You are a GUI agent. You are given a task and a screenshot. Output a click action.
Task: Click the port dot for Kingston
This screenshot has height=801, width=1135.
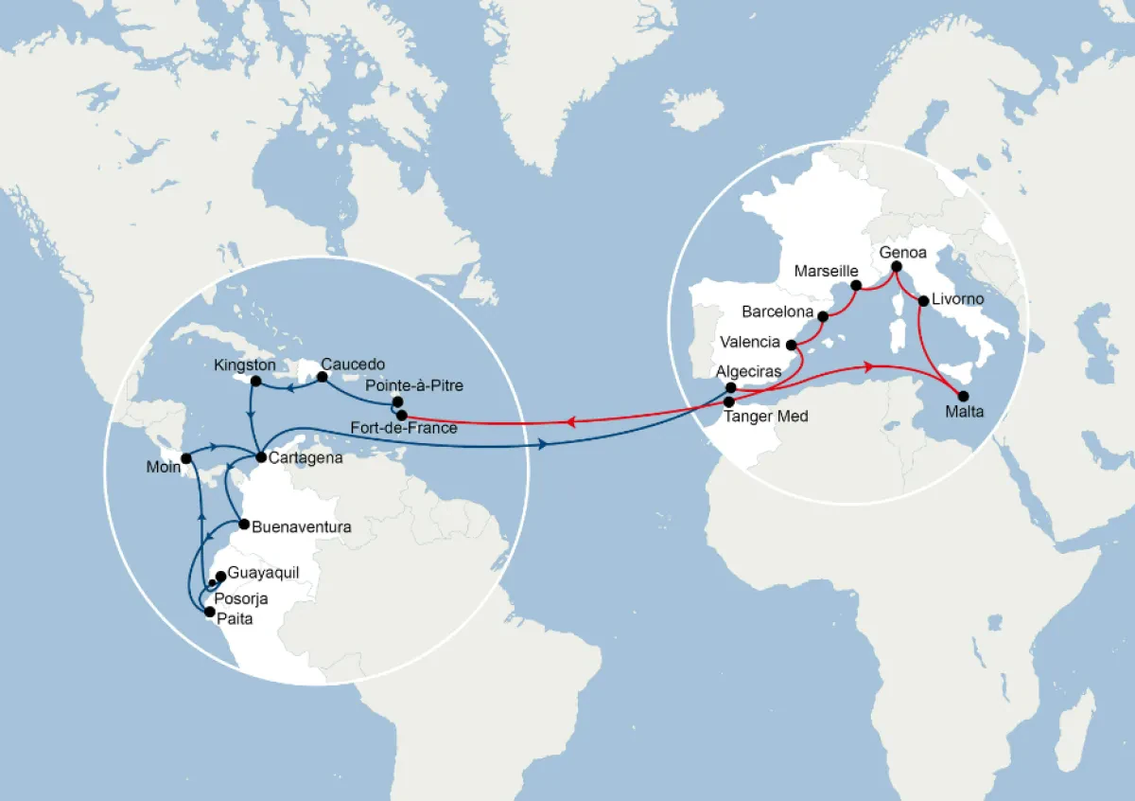coord(254,381)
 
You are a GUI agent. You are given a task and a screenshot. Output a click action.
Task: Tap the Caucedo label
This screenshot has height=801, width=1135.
coord(354,364)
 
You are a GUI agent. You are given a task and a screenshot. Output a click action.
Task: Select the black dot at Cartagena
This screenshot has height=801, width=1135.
coord(261,457)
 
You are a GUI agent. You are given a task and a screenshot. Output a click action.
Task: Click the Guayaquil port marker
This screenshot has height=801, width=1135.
coord(220,576)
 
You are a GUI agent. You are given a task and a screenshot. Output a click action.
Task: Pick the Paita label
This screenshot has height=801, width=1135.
coord(236,618)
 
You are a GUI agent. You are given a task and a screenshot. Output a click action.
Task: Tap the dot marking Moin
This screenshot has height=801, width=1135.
coord(186,458)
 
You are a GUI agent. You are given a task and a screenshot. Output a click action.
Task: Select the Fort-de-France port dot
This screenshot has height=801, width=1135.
coord(402,415)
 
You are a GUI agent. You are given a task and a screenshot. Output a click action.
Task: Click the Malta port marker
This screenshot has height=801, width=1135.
coord(964,396)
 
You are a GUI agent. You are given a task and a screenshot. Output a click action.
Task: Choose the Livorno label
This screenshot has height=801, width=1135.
coord(958,299)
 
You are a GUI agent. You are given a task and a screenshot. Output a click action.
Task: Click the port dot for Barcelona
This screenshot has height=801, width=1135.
coord(823,316)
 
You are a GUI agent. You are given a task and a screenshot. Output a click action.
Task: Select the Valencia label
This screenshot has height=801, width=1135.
coord(750,342)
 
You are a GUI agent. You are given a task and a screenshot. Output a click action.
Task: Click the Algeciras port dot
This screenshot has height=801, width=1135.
coord(731,387)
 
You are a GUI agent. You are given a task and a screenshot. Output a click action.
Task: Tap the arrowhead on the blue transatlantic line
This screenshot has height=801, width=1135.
coord(544,444)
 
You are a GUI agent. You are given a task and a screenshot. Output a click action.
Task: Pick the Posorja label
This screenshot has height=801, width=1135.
coord(241,598)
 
